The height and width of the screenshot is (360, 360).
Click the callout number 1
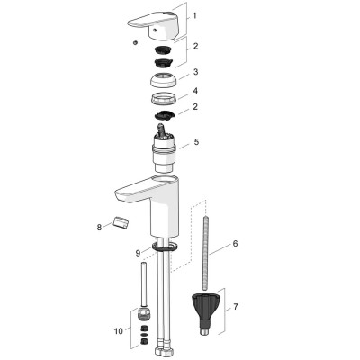[x=194, y=15]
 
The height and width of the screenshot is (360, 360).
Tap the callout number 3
[x=195, y=72]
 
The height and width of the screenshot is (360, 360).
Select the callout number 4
[x=195, y=91]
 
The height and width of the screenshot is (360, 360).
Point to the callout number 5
[x=196, y=141]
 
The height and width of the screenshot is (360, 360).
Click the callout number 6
[x=235, y=243]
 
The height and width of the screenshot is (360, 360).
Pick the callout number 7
[x=236, y=307]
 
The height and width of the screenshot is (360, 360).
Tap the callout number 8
[x=99, y=228]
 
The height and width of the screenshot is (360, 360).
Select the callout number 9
[x=138, y=253]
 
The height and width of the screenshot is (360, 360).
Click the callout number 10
[x=119, y=331]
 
